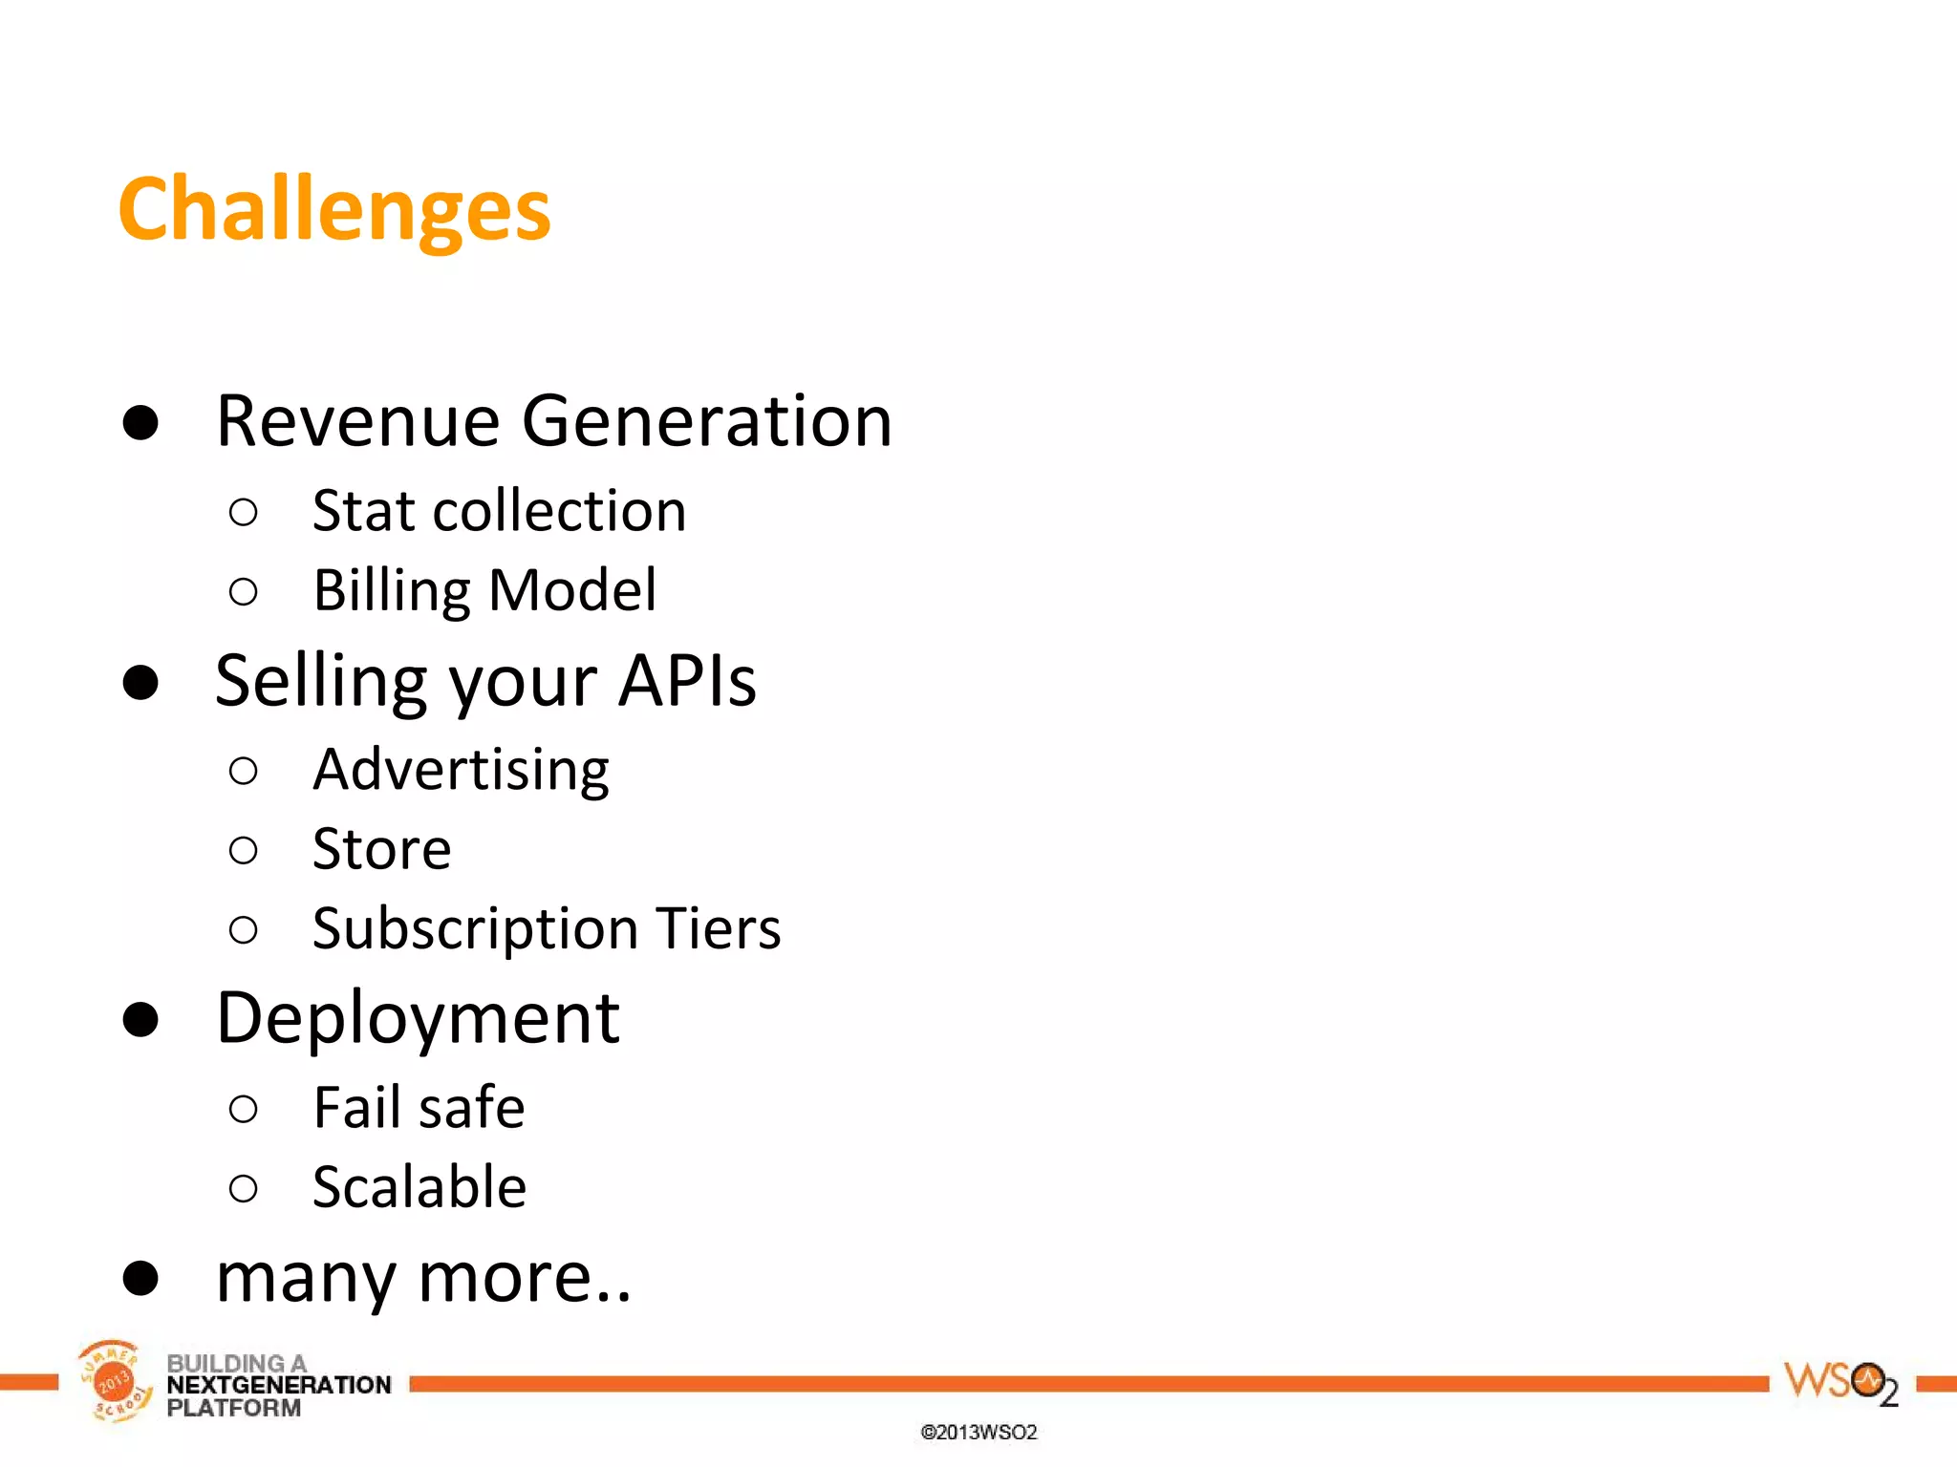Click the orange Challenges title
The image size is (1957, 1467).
coord(333,210)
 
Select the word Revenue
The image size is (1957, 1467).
coord(357,421)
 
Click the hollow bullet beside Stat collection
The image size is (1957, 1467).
coord(244,513)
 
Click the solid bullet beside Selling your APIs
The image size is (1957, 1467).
coord(140,683)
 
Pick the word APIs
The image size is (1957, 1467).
coord(686,681)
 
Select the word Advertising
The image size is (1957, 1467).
coord(461,770)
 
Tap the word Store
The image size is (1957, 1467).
coord(381,849)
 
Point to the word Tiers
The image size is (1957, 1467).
coord(718,928)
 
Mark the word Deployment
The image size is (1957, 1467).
coord(418,1019)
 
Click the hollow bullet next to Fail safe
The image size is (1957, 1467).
coord(244,1109)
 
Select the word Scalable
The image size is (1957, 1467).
coord(419,1187)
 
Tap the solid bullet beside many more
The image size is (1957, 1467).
coord(140,1278)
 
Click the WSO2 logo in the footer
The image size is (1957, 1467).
coord(1839,1383)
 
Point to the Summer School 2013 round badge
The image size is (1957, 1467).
coord(114,1381)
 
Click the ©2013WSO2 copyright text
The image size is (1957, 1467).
coord(978,1432)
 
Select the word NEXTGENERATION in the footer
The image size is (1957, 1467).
coord(278,1385)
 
